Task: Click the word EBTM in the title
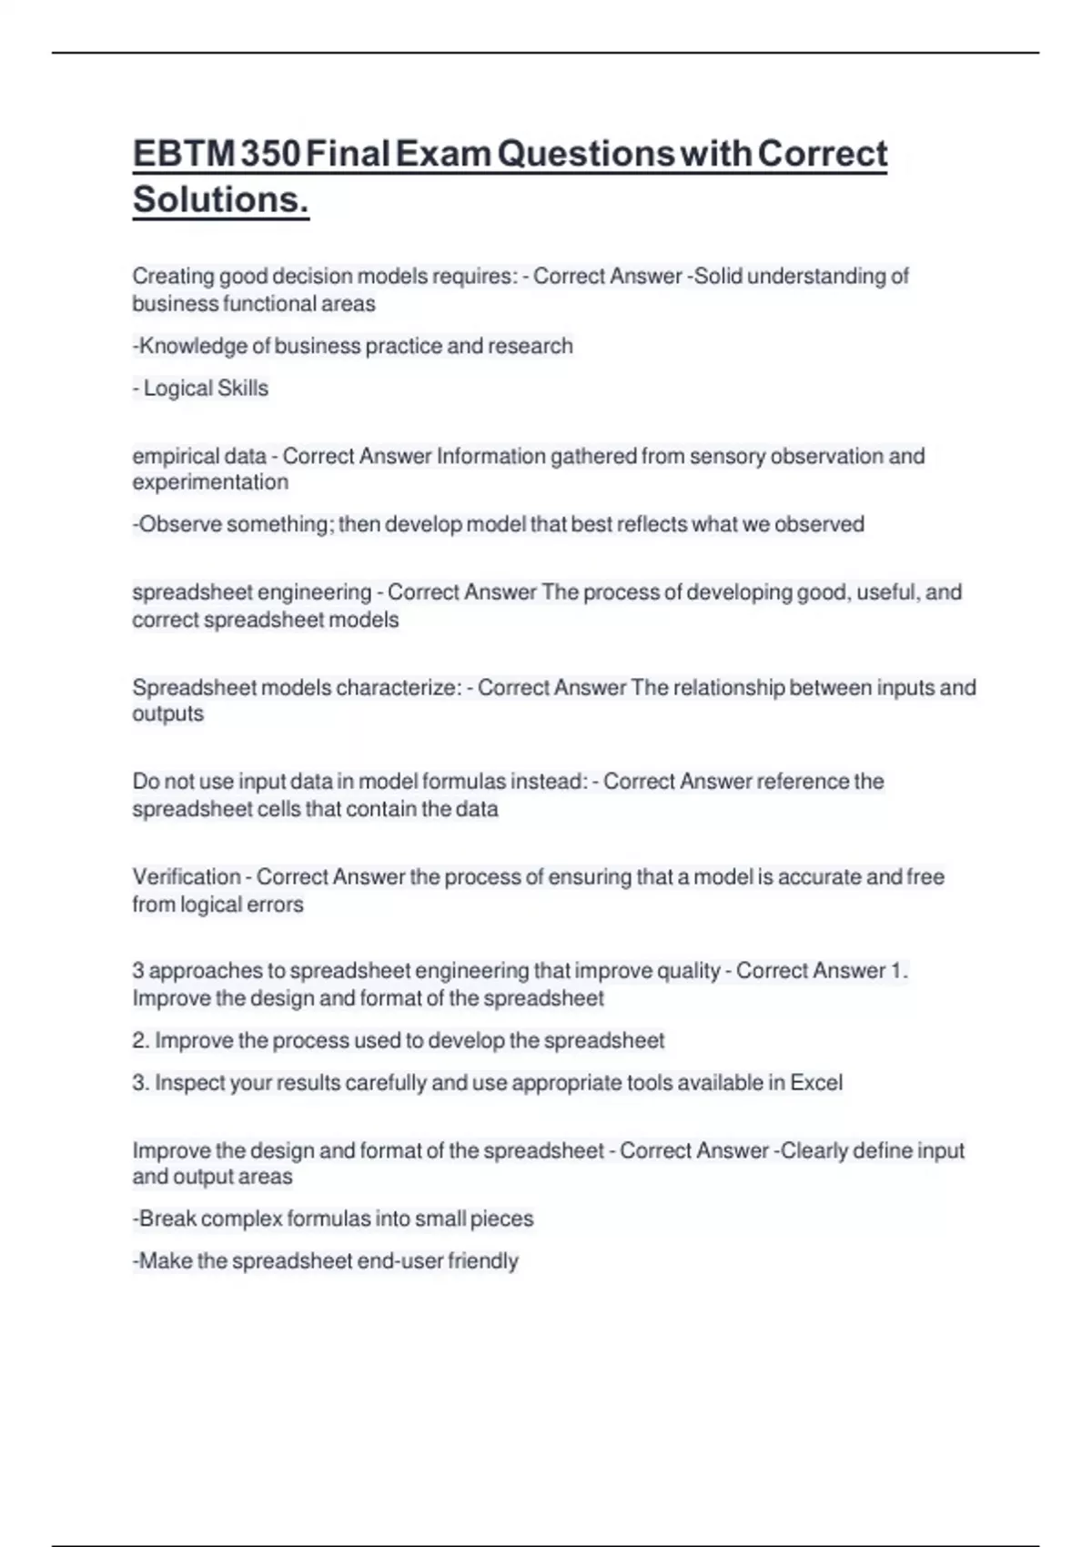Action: pyautogui.click(x=185, y=153)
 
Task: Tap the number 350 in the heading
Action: pyautogui.click(x=271, y=153)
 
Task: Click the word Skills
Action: pyautogui.click(x=244, y=389)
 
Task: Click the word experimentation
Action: pyautogui.click(x=210, y=482)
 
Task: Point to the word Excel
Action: pyautogui.click(x=816, y=1083)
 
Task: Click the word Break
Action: pyautogui.click(x=167, y=1219)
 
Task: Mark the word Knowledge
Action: pyautogui.click(x=192, y=346)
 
